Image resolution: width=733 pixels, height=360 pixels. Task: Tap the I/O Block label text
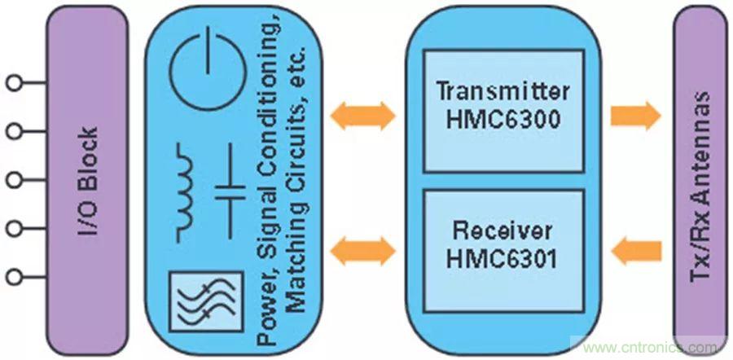pyautogui.click(x=89, y=180)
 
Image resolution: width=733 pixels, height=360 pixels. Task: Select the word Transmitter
pyautogui.click(x=503, y=90)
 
